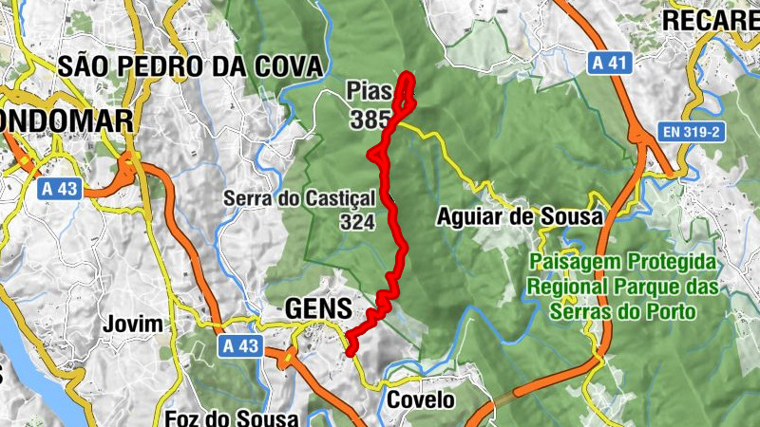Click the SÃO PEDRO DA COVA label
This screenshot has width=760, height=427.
pyautogui.click(x=190, y=65)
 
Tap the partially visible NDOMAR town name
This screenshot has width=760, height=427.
pyautogui.click(x=66, y=121)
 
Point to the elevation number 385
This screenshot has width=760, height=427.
pyautogui.click(x=370, y=121)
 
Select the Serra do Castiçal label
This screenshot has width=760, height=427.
pyautogui.click(x=300, y=198)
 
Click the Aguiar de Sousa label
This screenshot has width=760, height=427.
pyautogui.click(x=520, y=217)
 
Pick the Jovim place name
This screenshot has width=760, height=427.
pyautogui.click(x=135, y=325)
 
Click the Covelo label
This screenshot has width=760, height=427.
pyautogui.click(x=421, y=400)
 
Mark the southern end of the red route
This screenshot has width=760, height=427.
pyautogui.click(x=351, y=351)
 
